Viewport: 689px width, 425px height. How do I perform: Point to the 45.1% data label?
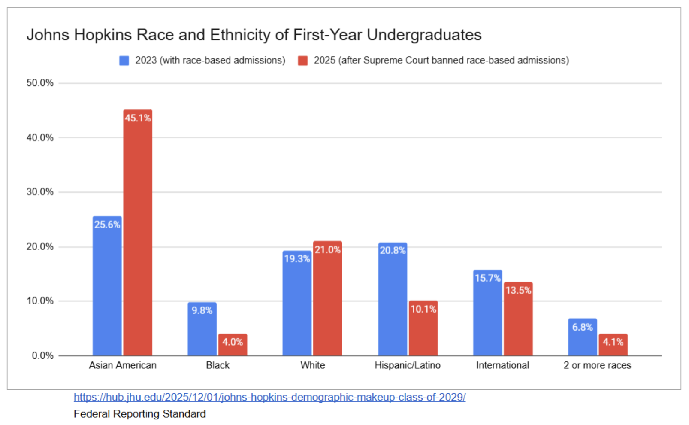click(x=138, y=118)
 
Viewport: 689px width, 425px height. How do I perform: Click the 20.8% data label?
click(x=393, y=250)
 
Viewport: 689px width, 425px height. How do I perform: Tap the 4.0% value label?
click(x=233, y=342)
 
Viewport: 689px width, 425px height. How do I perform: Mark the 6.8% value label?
click(x=582, y=327)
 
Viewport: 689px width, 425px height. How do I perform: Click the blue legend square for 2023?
click(x=124, y=61)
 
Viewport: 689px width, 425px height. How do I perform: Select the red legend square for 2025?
click(x=303, y=61)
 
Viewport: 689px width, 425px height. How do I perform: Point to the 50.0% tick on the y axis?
click(x=40, y=83)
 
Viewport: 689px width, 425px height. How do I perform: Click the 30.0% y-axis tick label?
click(x=40, y=192)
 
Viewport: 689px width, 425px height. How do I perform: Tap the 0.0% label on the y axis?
click(x=42, y=355)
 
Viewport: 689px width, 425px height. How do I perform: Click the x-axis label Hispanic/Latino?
click(x=408, y=365)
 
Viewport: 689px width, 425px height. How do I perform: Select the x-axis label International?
click(x=502, y=365)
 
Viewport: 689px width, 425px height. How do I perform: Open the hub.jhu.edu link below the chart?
click(x=269, y=397)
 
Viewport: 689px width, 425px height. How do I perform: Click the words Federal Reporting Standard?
click(x=140, y=414)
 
